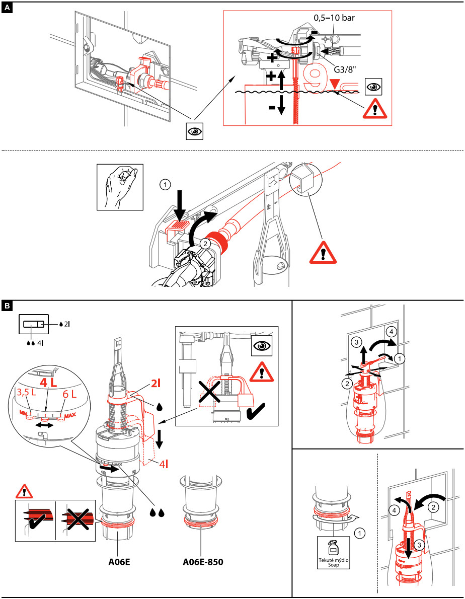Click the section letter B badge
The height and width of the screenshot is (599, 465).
pyautogui.click(x=7, y=306)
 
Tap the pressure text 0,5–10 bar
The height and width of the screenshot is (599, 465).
pyautogui.click(x=334, y=18)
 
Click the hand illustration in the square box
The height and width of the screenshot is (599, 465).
pyautogui.click(x=120, y=187)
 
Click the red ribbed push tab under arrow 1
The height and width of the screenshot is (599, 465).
pyautogui.click(x=179, y=226)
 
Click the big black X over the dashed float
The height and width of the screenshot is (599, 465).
pyautogui.click(x=207, y=399)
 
